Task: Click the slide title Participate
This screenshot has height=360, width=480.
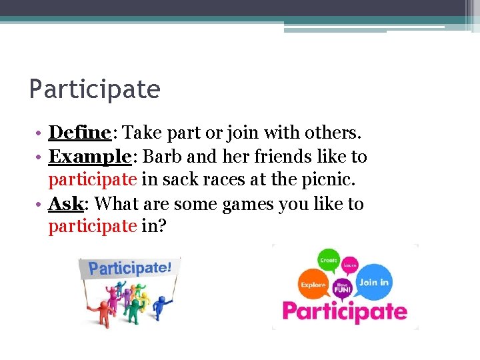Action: [x=95, y=89]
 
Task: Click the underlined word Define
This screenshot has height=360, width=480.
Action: [x=79, y=133]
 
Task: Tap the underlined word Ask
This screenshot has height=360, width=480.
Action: [x=65, y=203]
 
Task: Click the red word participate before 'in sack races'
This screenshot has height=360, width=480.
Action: [x=92, y=180]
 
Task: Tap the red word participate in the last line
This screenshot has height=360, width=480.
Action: [x=92, y=227]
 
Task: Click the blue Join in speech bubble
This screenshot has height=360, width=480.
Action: [x=373, y=282]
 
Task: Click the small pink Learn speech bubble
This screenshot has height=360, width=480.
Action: [x=350, y=265]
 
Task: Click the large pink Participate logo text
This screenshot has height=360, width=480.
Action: [x=344, y=311]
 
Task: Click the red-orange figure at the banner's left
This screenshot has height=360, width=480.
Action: [x=93, y=304]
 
